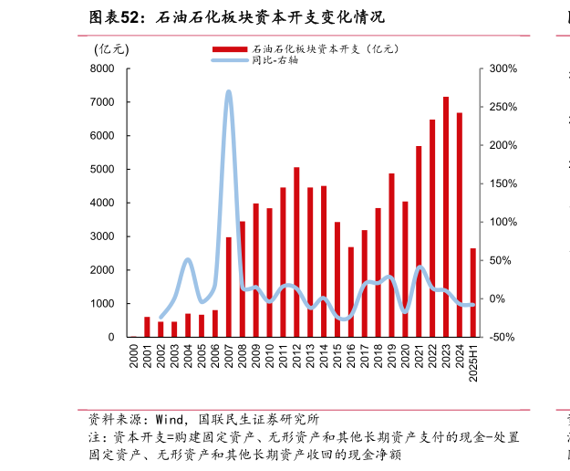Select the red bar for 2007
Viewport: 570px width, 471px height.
(x=229, y=287)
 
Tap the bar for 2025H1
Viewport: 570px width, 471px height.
(x=472, y=292)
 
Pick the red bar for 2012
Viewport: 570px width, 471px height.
(x=296, y=252)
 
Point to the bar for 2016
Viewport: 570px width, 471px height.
(x=350, y=292)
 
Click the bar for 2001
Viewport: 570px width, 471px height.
(x=147, y=327)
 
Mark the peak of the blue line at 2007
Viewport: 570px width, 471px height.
(x=228, y=91)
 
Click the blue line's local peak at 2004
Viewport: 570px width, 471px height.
(x=187, y=260)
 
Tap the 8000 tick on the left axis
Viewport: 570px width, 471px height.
(x=102, y=68)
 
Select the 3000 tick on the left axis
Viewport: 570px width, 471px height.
(x=102, y=236)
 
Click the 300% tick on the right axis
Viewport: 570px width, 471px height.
(x=503, y=68)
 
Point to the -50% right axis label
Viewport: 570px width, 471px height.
(x=503, y=337)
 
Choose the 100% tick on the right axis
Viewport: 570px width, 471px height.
(x=503, y=222)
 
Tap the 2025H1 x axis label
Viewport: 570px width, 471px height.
(x=472, y=363)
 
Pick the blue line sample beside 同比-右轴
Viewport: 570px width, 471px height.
(x=230, y=60)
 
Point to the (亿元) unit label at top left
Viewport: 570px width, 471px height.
(x=111, y=48)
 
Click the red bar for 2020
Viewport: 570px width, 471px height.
(x=405, y=269)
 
